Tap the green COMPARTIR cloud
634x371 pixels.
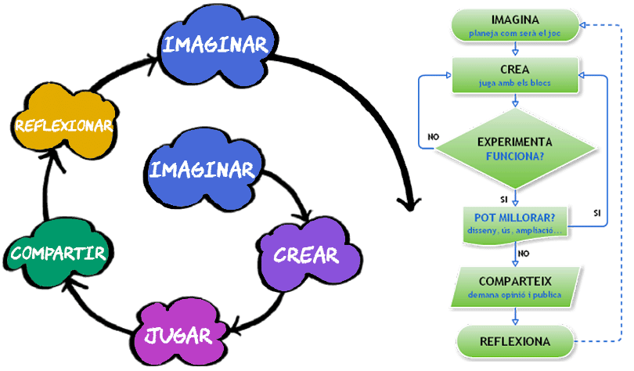pyautogui.click(x=59, y=252)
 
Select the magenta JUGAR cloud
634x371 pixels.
pyautogui.click(x=178, y=334)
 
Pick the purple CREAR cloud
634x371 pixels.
pyautogui.click(x=305, y=253)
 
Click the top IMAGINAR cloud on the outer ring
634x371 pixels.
pyautogui.click(x=214, y=44)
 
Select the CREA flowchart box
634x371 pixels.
pyautogui.click(x=514, y=74)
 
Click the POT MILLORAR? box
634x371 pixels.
pyautogui.click(x=514, y=222)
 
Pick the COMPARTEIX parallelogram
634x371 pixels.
pyautogui.click(x=514, y=286)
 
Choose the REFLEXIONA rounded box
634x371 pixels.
pyautogui.click(x=514, y=341)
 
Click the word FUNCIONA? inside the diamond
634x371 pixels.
pyautogui.click(x=514, y=156)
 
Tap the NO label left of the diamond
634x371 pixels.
pyautogui.click(x=433, y=137)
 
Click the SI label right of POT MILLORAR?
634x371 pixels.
pyautogui.click(x=597, y=213)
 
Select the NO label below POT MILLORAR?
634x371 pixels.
pyautogui.click(x=524, y=254)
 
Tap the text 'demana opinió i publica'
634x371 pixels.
pyautogui.click(x=514, y=296)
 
